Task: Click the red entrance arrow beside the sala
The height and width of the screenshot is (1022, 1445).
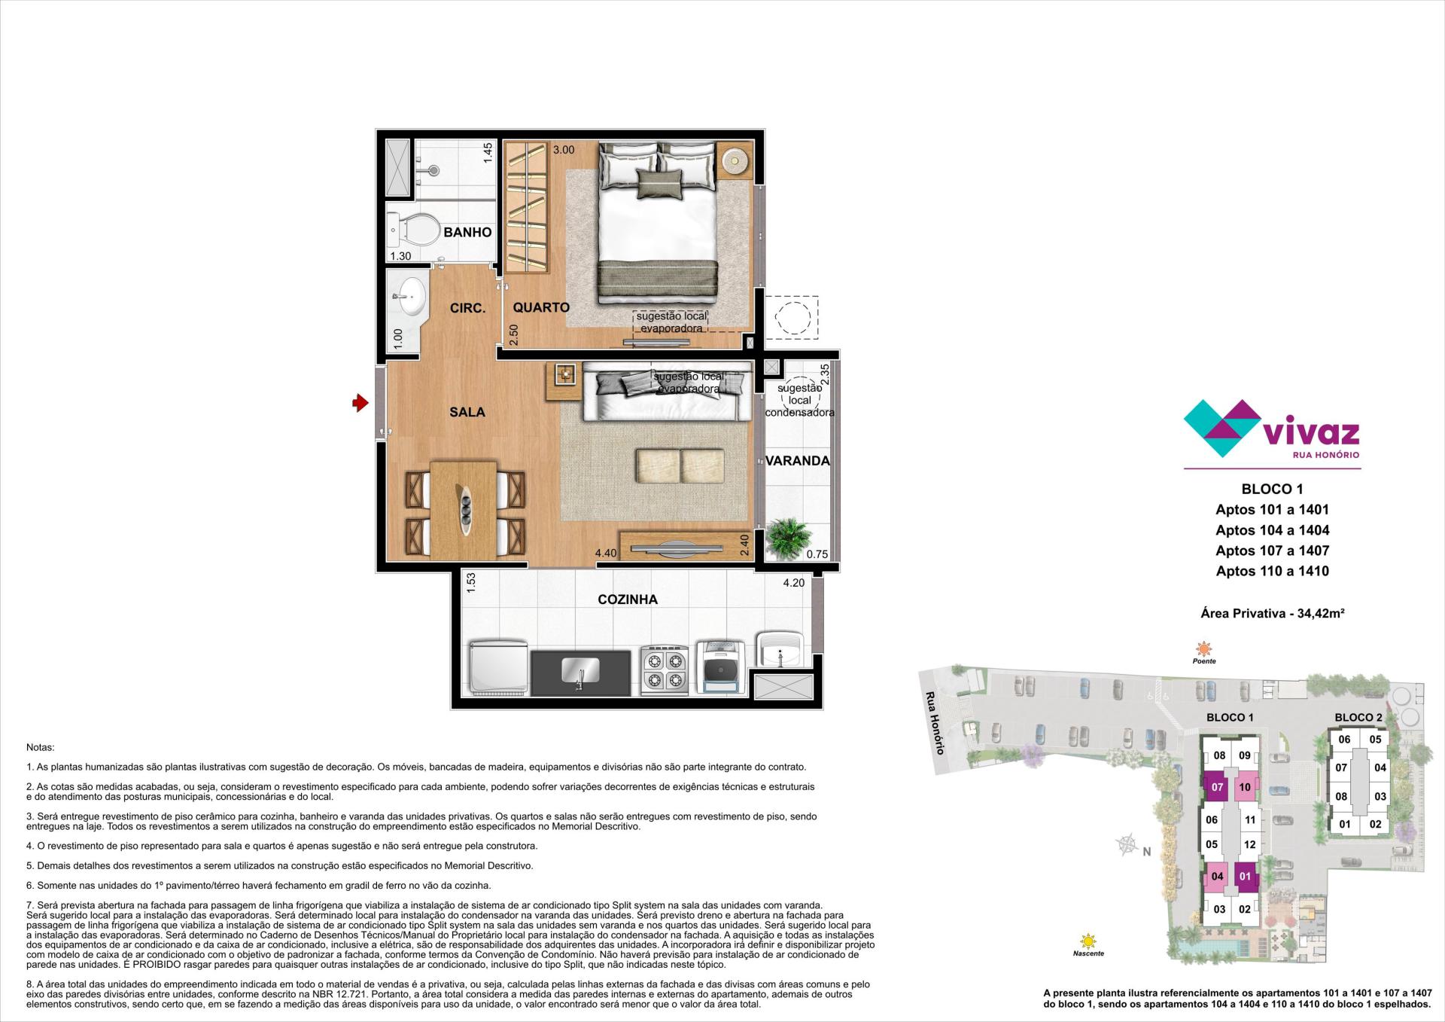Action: point(360,404)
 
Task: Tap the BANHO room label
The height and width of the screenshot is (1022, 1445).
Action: point(467,232)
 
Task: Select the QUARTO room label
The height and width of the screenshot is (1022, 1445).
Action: point(541,307)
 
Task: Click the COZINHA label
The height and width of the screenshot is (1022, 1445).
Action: point(627,599)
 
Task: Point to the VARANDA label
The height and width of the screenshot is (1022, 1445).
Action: point(798,461)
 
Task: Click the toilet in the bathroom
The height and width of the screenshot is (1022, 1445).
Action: point(414,228)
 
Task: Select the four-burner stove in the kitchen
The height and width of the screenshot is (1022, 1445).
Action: point(664,669)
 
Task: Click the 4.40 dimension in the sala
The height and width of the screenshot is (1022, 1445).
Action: point(606,554)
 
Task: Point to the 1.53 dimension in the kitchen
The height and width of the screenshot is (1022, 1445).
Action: point(471,582)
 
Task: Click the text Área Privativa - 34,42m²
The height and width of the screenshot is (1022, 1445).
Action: point(1272,614)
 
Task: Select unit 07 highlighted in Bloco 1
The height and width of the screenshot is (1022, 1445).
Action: point(1217,788)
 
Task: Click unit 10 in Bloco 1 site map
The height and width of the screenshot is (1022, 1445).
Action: point(1245,788)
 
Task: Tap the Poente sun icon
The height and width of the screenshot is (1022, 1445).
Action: point(1204,649)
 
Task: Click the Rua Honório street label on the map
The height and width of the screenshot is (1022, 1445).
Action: point(935,722)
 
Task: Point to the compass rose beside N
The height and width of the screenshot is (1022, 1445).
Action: point(1127,845)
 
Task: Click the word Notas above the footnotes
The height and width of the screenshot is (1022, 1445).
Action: point(41,748)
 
